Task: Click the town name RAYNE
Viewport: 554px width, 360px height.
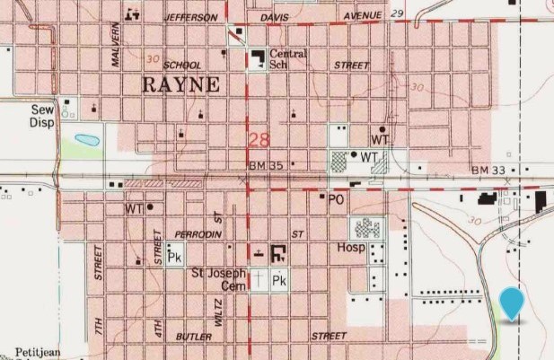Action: (x=181, y=85)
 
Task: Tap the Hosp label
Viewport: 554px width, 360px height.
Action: (x=350, y=247)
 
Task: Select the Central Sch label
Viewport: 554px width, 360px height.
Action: (x=287, y=59)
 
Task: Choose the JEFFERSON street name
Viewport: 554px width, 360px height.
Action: (x=190, y=17)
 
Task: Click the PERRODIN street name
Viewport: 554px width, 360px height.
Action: (x=198, y=233)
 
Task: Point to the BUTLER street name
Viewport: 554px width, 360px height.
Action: (x=195, y=337)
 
